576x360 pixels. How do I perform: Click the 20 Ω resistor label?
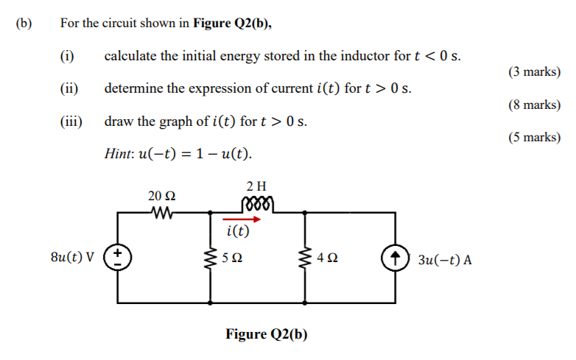[x=161, y=197]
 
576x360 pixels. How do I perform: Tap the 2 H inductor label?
[x=256, y=186]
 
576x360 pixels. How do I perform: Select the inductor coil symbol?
[x=256, y=204]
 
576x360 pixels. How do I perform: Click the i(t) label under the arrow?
[x=238, y=232]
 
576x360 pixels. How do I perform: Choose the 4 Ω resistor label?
[x=326, y=259]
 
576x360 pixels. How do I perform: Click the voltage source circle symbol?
[x=118, y=259]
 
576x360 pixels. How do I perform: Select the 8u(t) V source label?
[x=72, y=259]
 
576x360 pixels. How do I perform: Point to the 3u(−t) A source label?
[x=445, y=260]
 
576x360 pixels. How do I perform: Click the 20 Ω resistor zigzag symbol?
[x=161, y=213]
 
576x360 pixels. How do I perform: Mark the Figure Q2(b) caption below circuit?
[x=267, y=335]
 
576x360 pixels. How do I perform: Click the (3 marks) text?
[x=534, y=72]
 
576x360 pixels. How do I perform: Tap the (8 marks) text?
[x=534, y=105]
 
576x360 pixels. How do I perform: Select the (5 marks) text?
[x=534, y=137]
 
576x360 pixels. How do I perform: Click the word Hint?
[x=119, y=155]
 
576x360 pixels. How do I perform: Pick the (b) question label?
[x=24, y=24]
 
